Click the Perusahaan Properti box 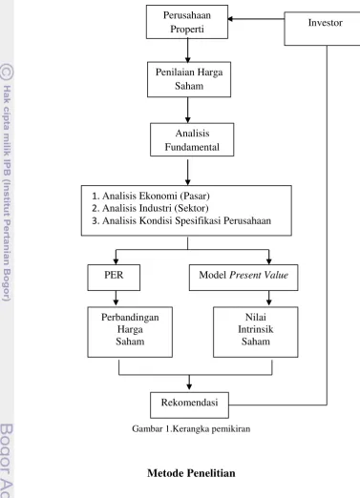(x=187, y=22)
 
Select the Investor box (x=322, y=29)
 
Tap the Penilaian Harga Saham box (x=189, y=79)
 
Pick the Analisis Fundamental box (x=192, y=139)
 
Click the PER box (x=114, y=278)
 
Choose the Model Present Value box (x=244, y=278)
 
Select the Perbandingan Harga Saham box (x=130, y=332)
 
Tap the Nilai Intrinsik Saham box (x=256, y=332)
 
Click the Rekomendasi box (x=189, y=405)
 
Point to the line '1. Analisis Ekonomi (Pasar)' (x=151, y=196)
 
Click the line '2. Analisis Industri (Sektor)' (x=150, y=208)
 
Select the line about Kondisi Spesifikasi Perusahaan (x=181, y=220)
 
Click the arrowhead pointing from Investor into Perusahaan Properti (x=231, y=19)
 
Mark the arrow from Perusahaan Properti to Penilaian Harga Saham (x=188, y=51)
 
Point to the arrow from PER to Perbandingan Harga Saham (x=116, y=299)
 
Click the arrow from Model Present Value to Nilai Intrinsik (x=269, y=299)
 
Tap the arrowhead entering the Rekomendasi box (x=189, y=386)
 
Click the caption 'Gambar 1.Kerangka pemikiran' (x=191, y=429)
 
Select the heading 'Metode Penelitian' (x=191, y=473)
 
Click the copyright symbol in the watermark (x=7, y=72)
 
